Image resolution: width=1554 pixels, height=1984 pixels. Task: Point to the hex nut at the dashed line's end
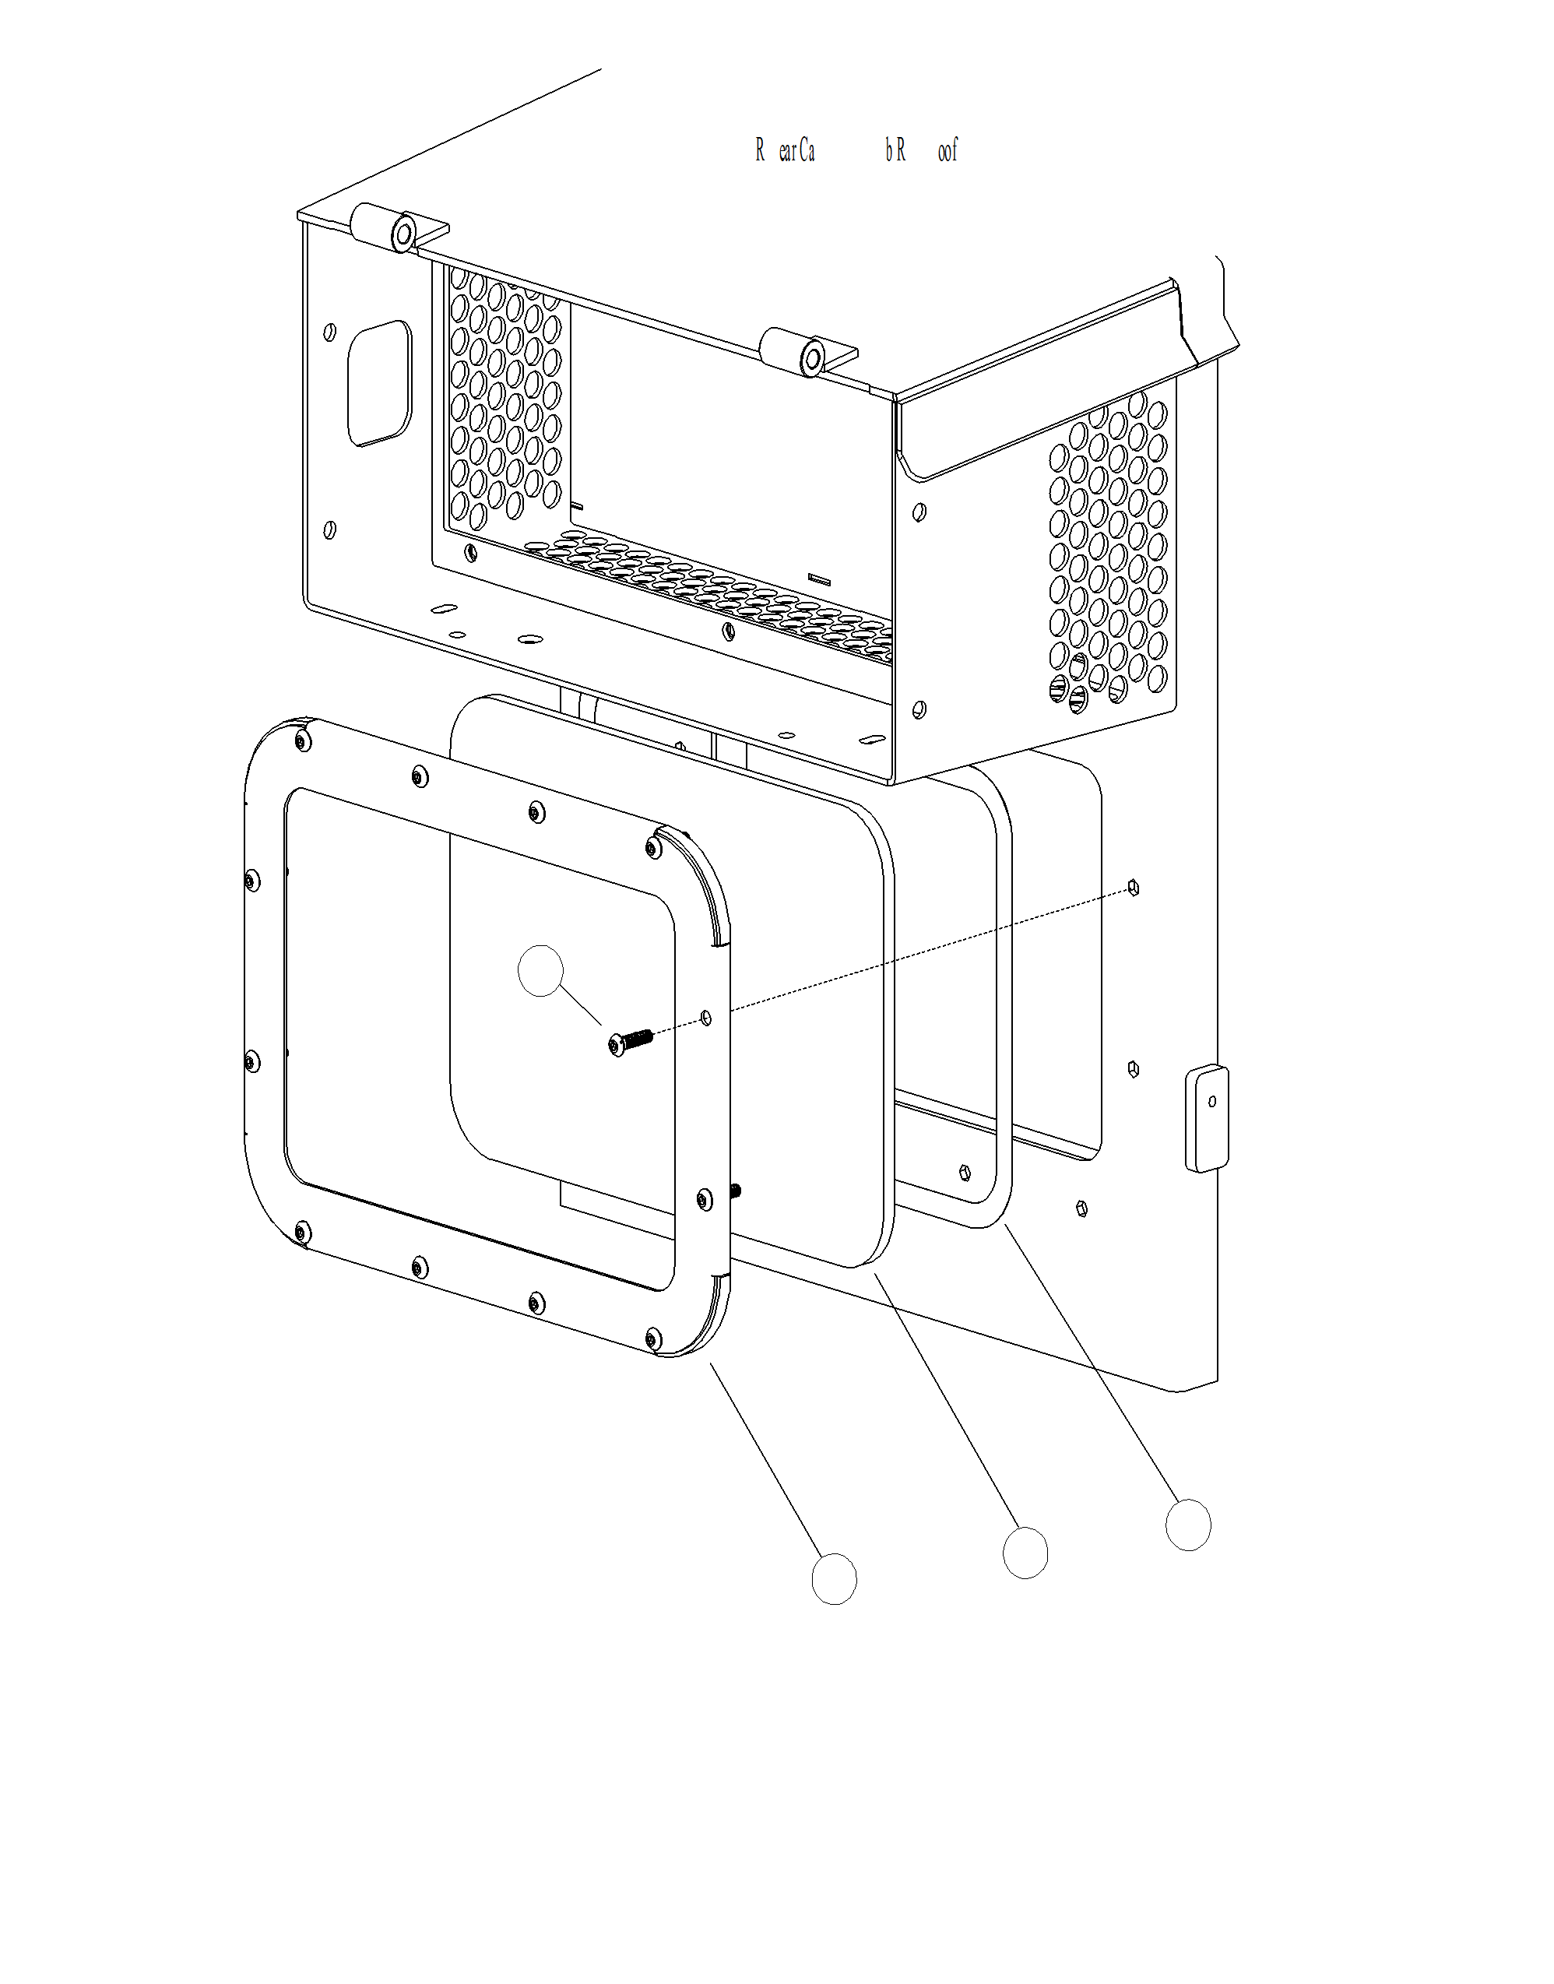pos(1133,888)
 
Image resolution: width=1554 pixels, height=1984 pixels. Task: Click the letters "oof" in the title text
pos(948,151)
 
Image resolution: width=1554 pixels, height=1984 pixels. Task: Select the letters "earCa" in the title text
pos(796,151)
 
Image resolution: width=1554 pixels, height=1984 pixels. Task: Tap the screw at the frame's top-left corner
pos(301,743)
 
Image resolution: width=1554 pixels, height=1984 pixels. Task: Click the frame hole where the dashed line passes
pos(707,1017)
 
